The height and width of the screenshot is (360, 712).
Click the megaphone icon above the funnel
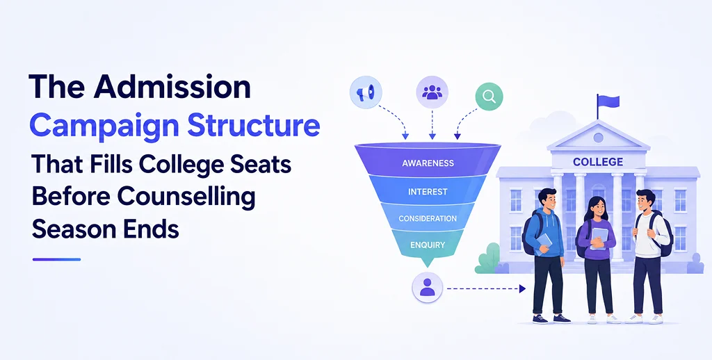click(x=366, y=92)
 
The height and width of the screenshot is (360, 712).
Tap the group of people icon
click(x=432, y=92)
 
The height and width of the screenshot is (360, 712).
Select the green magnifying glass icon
click(x=489, y=96)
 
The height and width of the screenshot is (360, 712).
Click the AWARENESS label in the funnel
click(x=428, y=163)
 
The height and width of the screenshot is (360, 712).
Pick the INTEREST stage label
click(x=428, y=192)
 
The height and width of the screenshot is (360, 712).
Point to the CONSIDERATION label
click(x=428, y=218)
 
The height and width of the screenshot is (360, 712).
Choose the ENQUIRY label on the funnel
click(x=428, y=245)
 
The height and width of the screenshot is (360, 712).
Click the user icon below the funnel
click(x=427, y=288)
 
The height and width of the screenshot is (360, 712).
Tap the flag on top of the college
click(x=608, y=101)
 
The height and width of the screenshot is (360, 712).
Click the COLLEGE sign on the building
click(x=598, y=162)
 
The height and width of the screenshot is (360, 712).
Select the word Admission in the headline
click(x=172, y=87)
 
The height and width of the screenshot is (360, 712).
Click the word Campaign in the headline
click(x=105, y=126)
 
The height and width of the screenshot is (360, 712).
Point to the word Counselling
click(x=186, y=197)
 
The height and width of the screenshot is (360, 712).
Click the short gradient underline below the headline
click(x=57, y=259)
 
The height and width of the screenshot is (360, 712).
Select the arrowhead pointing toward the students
click(x=523, y=288)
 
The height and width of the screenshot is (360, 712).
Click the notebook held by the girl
click(x=599, y=238)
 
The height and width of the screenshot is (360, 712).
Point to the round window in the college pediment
click(x=598, y=138)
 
